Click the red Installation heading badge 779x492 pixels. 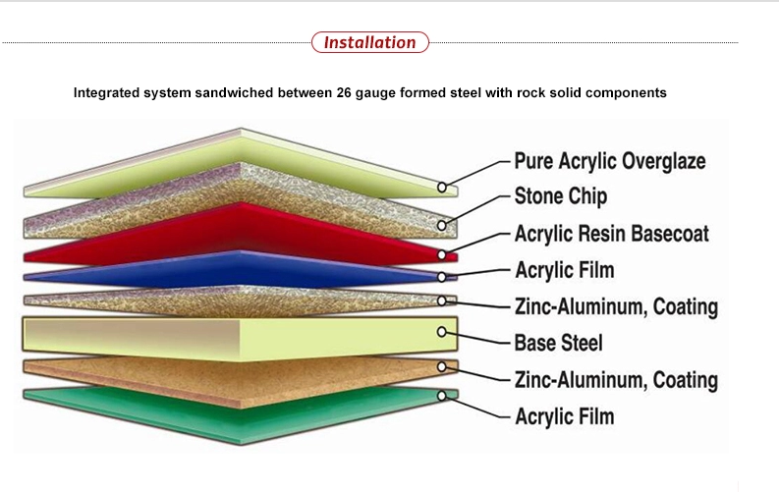click(x=370, y=42)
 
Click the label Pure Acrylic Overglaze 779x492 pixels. click(x=610, y=160)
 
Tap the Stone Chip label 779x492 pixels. click(x=561, y=196)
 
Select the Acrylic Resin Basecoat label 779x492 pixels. click(x=612, y=234)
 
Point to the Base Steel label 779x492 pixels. click(x=558, y=344)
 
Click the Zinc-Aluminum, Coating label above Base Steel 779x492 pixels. click(x=616, y=306)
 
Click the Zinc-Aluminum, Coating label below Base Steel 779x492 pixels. click(x=616, y=380)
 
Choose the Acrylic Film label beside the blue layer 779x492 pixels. click(x=565, y=270)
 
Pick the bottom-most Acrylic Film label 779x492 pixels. click(x=565, y=416)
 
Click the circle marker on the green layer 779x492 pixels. click(x=443, y=397)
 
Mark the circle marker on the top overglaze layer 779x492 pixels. click(x=443, y=187)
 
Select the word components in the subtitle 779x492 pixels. click(x=626, y=93)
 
